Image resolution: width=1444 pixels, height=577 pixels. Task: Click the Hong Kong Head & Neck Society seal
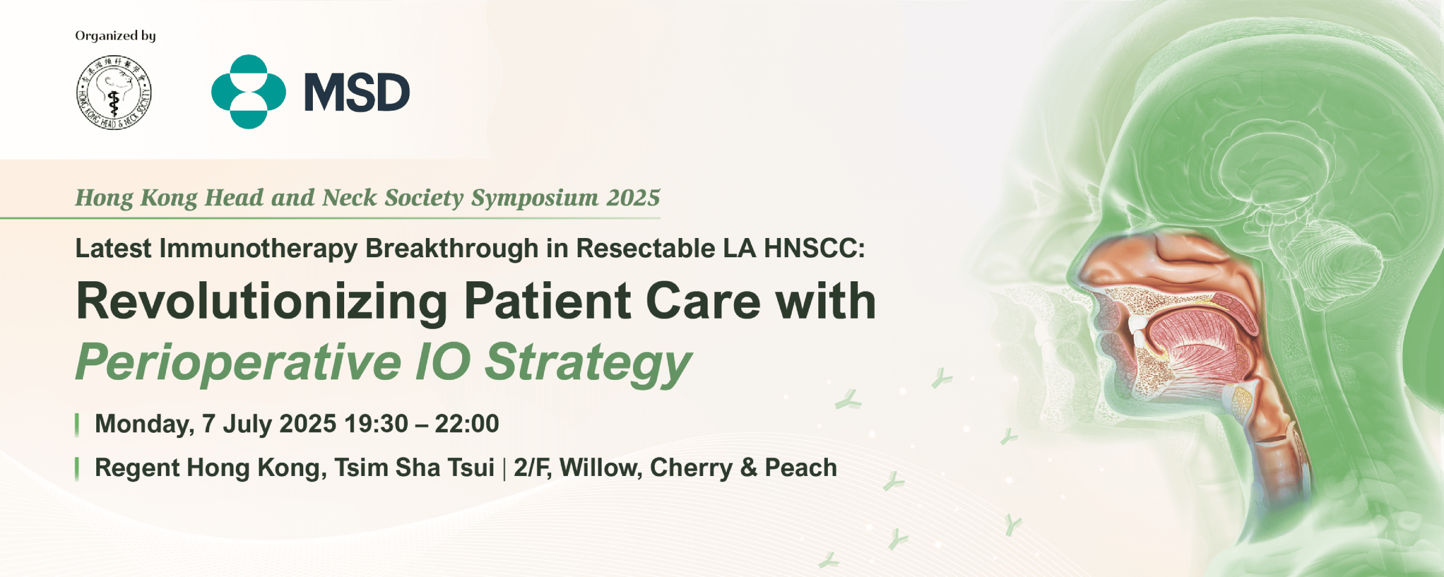point(114,92)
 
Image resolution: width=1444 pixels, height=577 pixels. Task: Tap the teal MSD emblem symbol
point(248,91)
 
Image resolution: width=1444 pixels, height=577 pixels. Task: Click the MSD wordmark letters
point(357,93)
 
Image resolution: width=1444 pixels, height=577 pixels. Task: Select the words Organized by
point(116,36)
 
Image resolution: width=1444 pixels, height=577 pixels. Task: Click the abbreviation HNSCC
point(814,248)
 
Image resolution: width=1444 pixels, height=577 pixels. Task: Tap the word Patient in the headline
point(547,301)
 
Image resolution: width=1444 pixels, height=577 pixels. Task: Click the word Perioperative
point(238,363)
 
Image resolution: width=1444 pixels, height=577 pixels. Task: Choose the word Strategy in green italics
point(588,363)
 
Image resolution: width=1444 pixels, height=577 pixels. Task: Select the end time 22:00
point(467,424)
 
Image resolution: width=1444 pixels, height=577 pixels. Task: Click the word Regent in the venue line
point(137,468)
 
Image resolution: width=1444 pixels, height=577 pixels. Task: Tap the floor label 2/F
point(532,468)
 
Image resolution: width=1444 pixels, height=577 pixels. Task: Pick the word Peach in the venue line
point(801,468)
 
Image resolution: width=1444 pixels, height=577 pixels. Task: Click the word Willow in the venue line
point(600,468)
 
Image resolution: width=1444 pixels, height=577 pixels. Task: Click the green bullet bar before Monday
point(77,424)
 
